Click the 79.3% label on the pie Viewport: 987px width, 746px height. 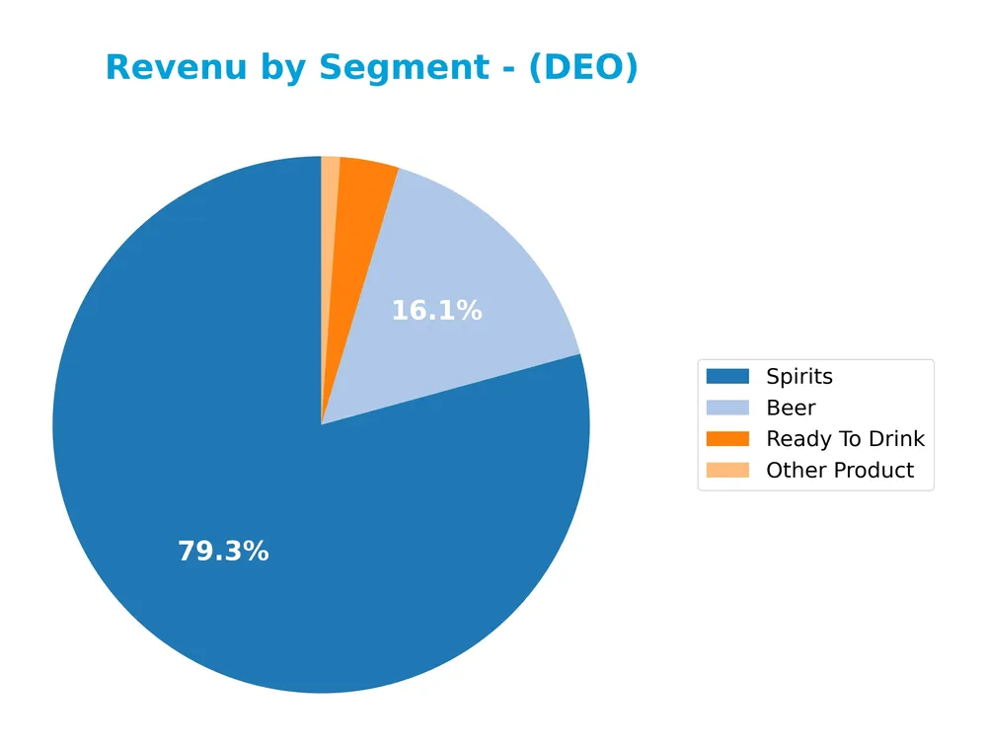pos(223,552)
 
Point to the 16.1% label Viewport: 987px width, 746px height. pos(436,311)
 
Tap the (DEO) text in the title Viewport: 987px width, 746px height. pos(583,68)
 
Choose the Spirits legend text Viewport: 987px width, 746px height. pos(798,377)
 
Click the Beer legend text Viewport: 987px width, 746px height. pos(791,408)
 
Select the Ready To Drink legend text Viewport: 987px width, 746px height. pos(845,439)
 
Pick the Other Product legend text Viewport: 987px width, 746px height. pos(840,471)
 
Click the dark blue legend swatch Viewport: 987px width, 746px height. pos(727,377)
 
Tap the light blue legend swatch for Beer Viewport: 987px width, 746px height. pos(727,408)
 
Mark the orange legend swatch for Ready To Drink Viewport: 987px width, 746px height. pos(727,439)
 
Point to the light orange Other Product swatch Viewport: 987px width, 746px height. pos(727,471)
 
